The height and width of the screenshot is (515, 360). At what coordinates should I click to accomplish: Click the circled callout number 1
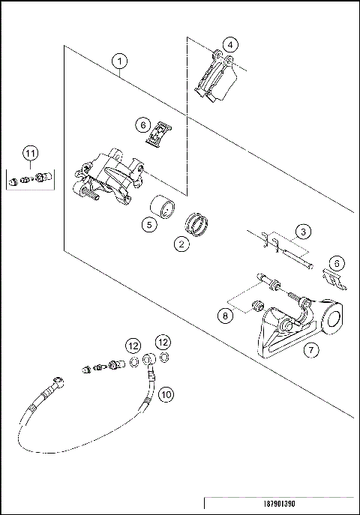point(120,61)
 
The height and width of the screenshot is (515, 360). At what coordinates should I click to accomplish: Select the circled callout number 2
point(181,244)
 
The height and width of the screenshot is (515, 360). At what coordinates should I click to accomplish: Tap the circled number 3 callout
point(301,232)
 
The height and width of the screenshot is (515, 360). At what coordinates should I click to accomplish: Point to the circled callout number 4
point(232,45)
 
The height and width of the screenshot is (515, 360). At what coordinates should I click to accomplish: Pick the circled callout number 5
point(149,223)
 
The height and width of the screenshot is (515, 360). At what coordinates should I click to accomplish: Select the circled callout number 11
point(29,154)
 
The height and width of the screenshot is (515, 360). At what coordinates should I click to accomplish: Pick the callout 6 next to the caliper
point(142,123)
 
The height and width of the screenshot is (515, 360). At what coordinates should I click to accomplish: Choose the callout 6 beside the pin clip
point(337,263)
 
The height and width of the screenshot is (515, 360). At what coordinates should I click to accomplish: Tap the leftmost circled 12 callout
point(133,346)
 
